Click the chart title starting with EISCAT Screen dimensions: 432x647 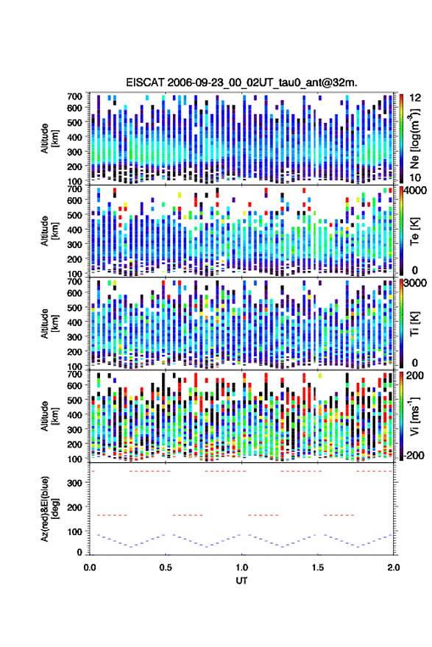tap(241, 82)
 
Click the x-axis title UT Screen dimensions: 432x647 tap(241, 581)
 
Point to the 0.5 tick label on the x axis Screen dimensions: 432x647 tap(166, 568)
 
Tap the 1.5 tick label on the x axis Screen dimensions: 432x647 tap(318, 568)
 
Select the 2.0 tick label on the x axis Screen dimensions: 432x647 tap(393, 568)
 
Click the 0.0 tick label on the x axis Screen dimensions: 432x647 tap(90, 568)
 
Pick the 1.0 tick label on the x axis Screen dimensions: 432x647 tap(242, 568)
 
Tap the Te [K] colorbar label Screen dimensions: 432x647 tap(414, 231)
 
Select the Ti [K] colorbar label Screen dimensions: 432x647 tap(414, 324)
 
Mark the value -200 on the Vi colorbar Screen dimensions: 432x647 tap(414, 456)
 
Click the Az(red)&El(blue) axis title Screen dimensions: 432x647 tap(49, 509)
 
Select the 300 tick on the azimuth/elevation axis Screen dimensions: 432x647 tap(74, 483)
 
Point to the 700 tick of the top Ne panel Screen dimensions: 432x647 tap(74, 96)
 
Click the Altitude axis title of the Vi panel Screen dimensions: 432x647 tap(49, 416)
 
